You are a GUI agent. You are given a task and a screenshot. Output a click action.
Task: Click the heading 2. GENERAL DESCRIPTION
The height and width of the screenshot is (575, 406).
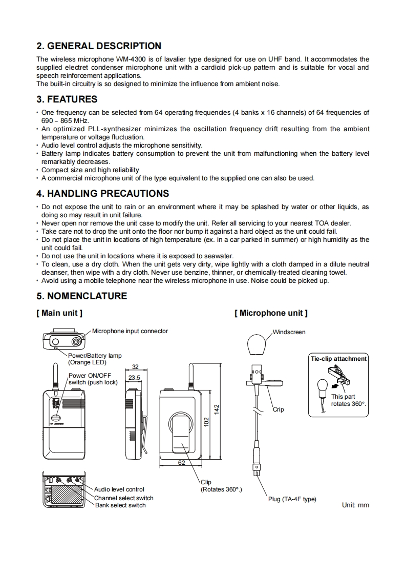[x=99, y=46]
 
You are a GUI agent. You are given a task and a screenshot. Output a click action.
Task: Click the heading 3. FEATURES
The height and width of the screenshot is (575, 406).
[x=67, y=99]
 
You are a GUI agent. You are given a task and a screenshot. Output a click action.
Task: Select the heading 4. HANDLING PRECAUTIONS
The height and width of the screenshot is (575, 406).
[x=102, y=194]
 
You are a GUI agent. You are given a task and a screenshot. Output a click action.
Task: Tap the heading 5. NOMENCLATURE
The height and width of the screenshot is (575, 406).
[x=82, y=296]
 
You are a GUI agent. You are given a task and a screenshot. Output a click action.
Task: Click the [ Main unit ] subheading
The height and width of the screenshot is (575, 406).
[x=59, y=313]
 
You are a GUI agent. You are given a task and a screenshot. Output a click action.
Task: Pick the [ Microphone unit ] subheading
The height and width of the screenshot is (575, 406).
[x=271, y=313]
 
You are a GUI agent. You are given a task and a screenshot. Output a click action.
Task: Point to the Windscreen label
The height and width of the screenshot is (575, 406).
[x=289, y=332]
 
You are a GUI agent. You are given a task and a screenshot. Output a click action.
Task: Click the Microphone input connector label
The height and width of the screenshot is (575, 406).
[x=130, y=331]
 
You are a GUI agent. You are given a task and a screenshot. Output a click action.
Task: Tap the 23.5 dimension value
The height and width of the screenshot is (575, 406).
[x=134, y=378]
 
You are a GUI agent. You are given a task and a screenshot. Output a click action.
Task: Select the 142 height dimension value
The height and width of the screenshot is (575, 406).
[x=217, y=409]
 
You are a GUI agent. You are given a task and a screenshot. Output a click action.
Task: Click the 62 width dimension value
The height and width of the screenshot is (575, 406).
[x=181, y=463]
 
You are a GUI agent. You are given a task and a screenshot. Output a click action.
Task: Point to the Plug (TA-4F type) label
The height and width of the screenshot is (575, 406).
[x=292, y=499]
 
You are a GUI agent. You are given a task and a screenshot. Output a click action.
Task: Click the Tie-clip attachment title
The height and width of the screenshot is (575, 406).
[x=338, y=359]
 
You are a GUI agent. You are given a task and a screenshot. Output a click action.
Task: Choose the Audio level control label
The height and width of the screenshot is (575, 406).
[x=119, y=489]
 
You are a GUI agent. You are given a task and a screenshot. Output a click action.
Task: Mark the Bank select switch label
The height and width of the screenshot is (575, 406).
[x=120, y=505]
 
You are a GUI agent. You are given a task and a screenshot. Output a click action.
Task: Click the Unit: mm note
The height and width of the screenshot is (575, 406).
[x=355, y=505]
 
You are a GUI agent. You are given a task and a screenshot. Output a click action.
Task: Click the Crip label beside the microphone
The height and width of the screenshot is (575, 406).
[x=279, y=409]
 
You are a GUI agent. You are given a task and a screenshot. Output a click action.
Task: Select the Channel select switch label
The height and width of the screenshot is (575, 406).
[x=123, y=498]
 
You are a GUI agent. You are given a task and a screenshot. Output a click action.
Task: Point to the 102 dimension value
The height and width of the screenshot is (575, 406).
[x=206, y=422]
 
